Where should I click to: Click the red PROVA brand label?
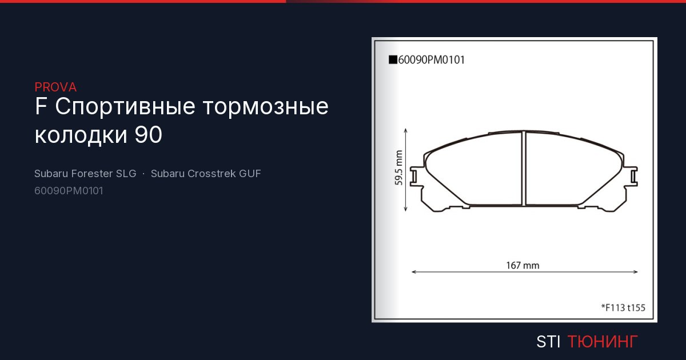[x=55, y=87]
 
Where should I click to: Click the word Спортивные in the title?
[x=125, y=107]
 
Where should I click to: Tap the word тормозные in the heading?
[x=266, y=107]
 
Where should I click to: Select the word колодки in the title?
[x=81, y=135]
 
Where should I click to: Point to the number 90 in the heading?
[x=149, y=135]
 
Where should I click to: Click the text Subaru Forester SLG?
[x=85, y=174]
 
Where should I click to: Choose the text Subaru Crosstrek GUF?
[x=206, y=174]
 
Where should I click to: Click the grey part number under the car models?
[x=69, y=191]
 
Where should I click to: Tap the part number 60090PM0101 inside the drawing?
[x=431, y=60]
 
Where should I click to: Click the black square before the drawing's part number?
[x=393, y=59]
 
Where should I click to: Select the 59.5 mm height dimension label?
[x=398, y=168]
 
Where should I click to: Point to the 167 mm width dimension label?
[x=523, y=265]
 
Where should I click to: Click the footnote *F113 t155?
[x=623, y=307]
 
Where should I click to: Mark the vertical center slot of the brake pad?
[x=524, y=169]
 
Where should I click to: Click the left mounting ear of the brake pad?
[x=416, y=177]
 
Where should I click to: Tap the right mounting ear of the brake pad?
[x=632, y=177]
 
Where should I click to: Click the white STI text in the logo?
[x=548, y=342]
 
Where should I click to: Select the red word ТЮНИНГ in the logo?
[x=603, y=342]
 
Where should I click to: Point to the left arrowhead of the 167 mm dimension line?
[x=414, y=272]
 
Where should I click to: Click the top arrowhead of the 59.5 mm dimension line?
[x=406, y=131]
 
